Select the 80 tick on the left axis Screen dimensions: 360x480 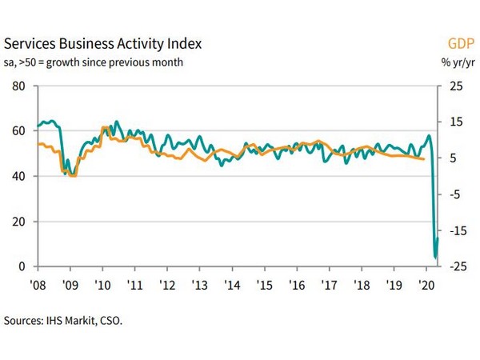click(x=19, y=86)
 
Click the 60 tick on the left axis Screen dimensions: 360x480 click(x=19, y=130)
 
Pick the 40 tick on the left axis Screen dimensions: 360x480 click(x=19, y=176)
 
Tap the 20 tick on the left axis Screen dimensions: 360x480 click(x=19, y=221)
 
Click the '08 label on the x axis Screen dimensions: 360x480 click(x=38, y=284)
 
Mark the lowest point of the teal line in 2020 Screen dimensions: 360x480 click(x=435, y=258)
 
